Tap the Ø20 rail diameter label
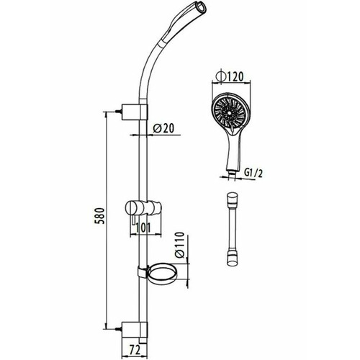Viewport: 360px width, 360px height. (163, 128)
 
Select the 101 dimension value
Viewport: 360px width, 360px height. (143, 228)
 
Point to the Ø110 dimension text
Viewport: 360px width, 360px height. (180, 245)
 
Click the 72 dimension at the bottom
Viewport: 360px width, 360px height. (135, 351)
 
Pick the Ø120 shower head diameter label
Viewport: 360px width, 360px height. (230, 77)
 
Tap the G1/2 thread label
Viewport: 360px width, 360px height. (253, 173)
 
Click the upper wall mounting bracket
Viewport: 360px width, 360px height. (135, 112)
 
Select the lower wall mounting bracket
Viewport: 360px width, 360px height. (135, 329)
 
